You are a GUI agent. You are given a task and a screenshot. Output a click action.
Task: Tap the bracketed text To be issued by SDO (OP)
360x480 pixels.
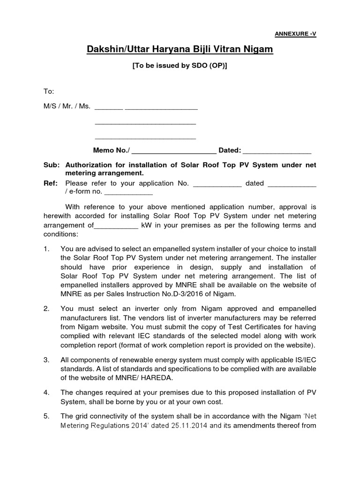click(x=180, y=66)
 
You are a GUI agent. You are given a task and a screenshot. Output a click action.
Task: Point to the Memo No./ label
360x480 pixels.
click(x=112, y=150)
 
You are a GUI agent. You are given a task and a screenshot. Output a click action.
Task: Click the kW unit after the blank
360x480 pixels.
click(x=146, y=225)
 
